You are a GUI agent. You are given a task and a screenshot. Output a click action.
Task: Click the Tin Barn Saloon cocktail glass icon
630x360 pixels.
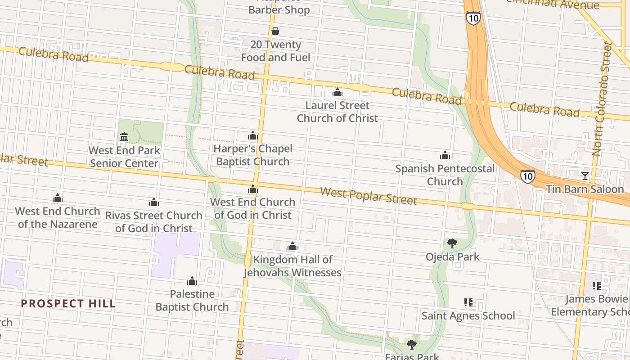click(585, 175)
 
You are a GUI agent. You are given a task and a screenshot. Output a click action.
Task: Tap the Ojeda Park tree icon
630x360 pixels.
click(452, 243)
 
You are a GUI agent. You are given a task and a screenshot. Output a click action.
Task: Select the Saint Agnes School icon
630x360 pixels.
click(468, 302)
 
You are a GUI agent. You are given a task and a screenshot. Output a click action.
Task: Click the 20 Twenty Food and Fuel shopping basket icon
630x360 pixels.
click(275, 31)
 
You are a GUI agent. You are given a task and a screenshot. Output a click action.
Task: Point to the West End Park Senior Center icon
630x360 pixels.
click(124, 137)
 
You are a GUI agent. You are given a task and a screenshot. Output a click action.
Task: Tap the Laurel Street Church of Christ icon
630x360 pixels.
click(337, 92)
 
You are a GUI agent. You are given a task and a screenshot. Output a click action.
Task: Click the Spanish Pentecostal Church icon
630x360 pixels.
click(445, 155)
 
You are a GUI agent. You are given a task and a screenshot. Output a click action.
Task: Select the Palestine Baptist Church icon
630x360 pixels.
click(192, 281)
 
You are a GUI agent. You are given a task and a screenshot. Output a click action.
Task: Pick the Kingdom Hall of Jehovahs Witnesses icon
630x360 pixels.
click(292, 246)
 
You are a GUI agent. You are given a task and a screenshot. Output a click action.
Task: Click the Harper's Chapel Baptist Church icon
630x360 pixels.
click(253, 135)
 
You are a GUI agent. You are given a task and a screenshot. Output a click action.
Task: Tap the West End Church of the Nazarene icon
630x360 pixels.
click(57, 198)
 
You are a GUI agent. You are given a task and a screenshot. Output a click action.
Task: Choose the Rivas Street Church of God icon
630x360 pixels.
click(154, 202)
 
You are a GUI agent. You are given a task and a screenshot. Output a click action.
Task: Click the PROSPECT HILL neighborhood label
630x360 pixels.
click(68, 304)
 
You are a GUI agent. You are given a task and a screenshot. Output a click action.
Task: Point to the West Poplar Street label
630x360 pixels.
click(368, 196)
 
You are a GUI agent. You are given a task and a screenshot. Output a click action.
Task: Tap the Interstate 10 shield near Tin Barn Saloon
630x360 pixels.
click(528, 175)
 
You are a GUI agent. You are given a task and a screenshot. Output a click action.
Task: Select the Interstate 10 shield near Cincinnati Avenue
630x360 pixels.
click(473, 18)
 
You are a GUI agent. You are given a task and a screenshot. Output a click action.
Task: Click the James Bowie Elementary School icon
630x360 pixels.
click(597, 285)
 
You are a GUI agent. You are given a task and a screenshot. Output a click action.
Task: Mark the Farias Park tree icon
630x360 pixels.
click(411, 345)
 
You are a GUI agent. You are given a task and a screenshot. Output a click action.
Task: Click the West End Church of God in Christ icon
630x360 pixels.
click(253, 189)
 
